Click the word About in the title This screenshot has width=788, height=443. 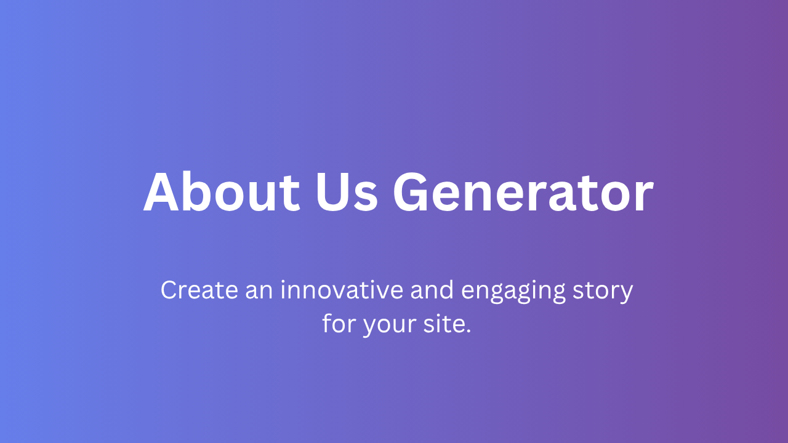[222, 191]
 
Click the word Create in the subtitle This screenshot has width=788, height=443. [199, 290]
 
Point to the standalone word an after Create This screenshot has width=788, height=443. [259, 292]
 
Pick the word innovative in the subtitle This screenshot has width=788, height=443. [342, 290]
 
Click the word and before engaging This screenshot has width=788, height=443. [432, 289]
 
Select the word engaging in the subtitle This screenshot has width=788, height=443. [513, 292]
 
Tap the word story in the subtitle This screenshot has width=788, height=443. [603, 292]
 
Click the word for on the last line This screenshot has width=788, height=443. [339, 323]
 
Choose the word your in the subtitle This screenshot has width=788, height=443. [390, 326]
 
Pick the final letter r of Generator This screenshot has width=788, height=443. [644, 197]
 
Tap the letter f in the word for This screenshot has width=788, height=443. [328, 323]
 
